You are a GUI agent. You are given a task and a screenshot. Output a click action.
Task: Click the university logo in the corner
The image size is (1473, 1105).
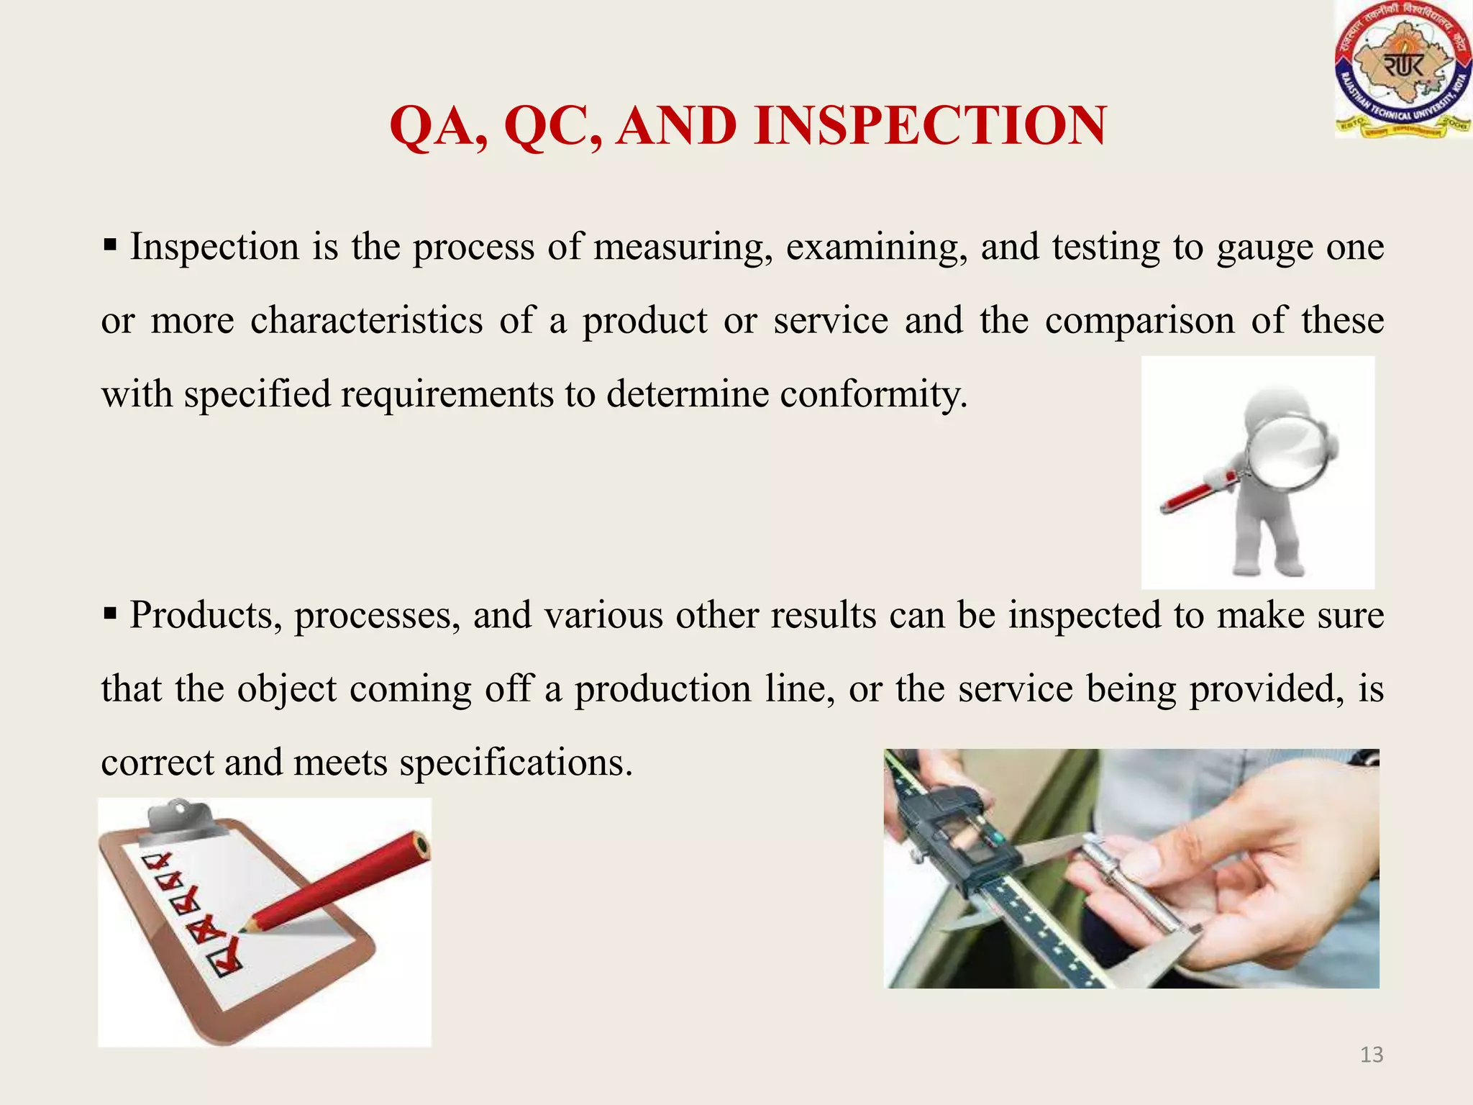[1403, 70]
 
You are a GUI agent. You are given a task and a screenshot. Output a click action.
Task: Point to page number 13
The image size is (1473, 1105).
[1372, 1055]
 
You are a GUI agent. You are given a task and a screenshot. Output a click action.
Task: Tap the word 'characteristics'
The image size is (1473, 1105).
[366, 321]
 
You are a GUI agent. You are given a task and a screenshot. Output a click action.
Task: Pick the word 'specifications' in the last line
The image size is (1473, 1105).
[515, 763]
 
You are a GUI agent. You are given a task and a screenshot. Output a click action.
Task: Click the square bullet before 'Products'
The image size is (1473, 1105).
[110, 615]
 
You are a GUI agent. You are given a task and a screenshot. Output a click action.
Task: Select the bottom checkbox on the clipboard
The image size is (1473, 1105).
[224, 963]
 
